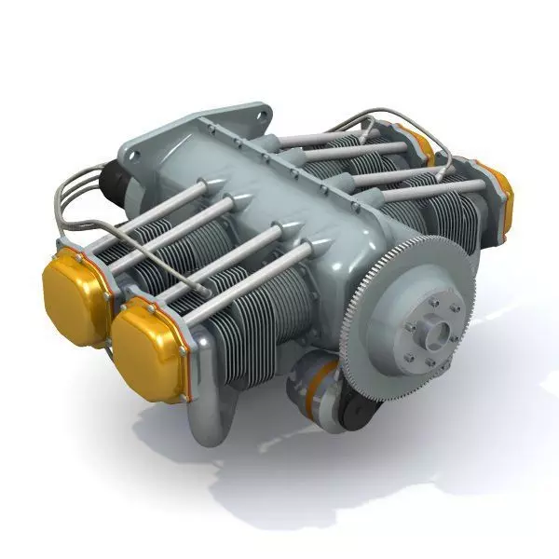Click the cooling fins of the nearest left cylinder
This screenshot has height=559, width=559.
point(233,335)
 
